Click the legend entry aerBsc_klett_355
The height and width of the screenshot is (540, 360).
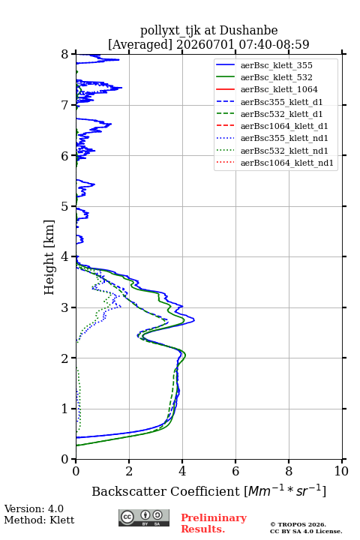pos(276,65)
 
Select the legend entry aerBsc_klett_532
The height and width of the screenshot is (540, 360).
pos(276,77)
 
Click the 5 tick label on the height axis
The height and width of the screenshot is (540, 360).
pos(65,207)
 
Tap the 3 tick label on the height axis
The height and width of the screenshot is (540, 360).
pos(65,307)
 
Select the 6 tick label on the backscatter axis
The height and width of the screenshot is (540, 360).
pos(235,471)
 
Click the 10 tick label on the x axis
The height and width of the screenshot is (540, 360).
pos(341,471)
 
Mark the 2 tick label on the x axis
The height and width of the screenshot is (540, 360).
pos(129,471)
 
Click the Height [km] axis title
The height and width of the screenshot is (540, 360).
pos(49,257)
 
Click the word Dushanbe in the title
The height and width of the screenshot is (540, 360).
pos(248,31)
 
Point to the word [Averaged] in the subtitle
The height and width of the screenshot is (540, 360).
pos(139,44)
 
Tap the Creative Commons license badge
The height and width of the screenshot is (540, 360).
pos(144,517)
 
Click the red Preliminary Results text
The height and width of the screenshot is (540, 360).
pos(214,523)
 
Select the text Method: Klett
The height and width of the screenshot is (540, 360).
pos(39,520)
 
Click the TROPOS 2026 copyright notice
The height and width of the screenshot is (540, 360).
pos(298,524)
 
